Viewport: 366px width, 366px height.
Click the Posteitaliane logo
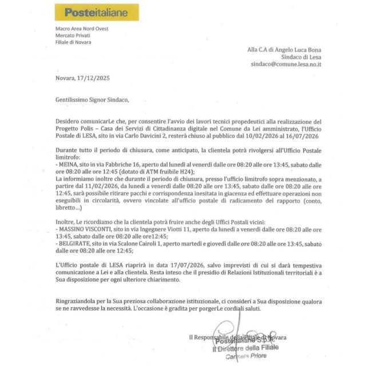tap(96, 12)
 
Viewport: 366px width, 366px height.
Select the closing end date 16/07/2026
tap(306, 137)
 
